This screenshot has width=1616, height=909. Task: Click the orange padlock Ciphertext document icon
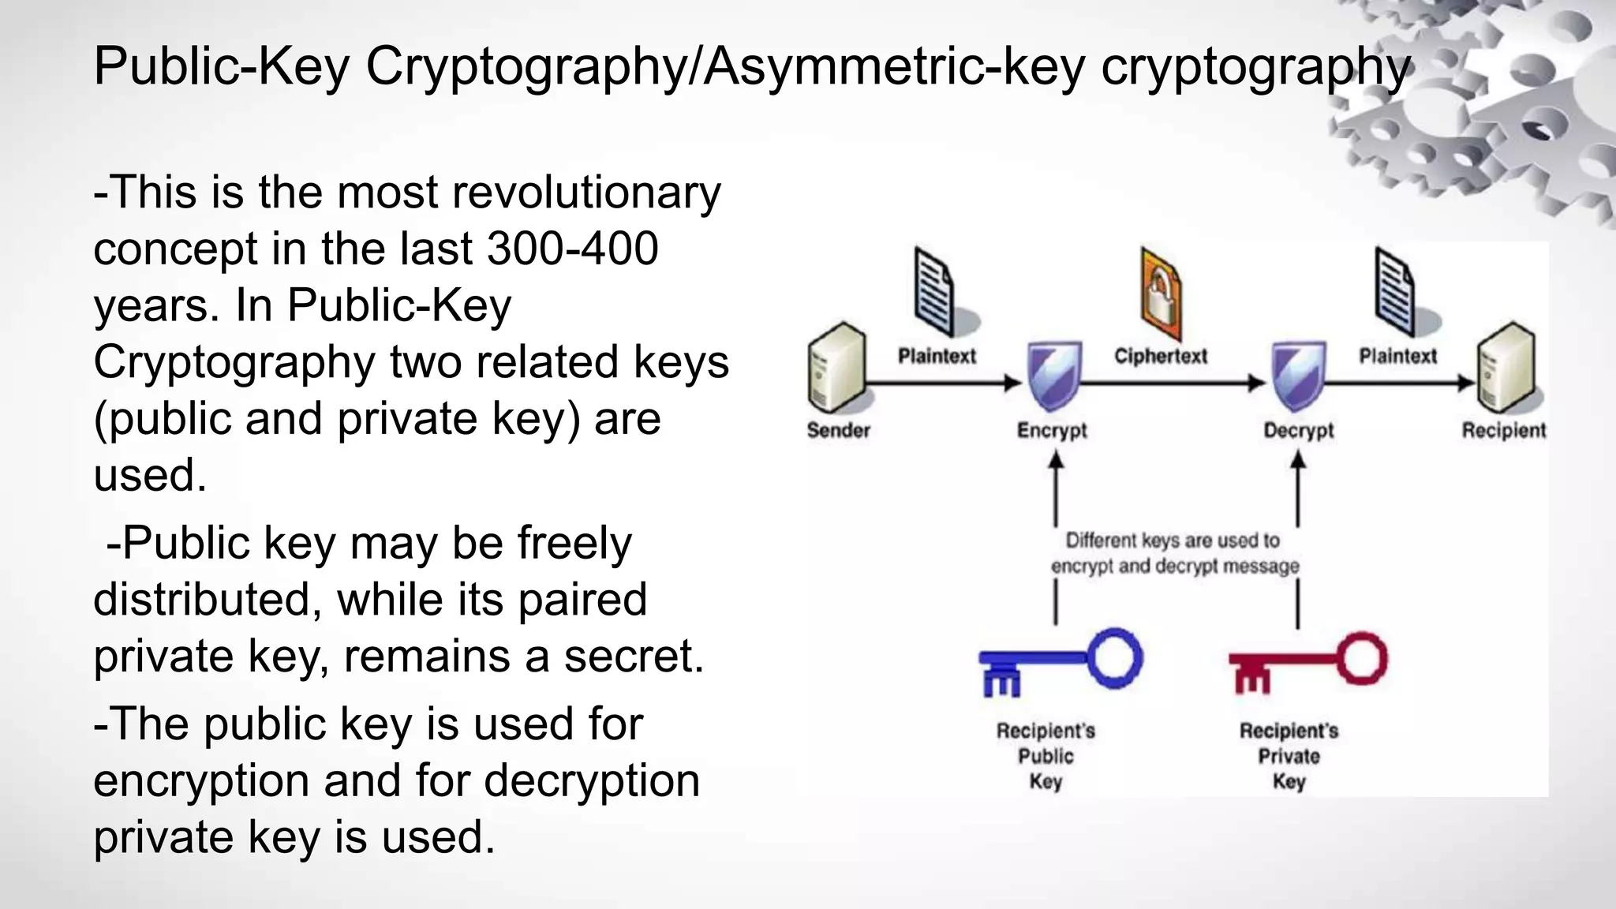click(1161, 296)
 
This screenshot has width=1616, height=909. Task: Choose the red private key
click(1307, 664)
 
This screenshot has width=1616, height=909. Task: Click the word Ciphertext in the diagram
click(1161, 356)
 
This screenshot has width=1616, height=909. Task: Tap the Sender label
click(838, 430)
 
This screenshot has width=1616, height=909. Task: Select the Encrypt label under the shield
click(1052, 431)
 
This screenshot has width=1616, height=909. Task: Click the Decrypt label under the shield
click(1298, 431)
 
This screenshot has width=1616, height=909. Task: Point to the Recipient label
click(1504, 431)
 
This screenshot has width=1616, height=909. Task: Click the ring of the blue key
click(1114, 656)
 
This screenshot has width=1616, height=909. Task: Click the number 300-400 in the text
click(573, 249)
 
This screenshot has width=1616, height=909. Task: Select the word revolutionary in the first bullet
click(585, 192)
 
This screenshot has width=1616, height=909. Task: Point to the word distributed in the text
click(208, 599)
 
